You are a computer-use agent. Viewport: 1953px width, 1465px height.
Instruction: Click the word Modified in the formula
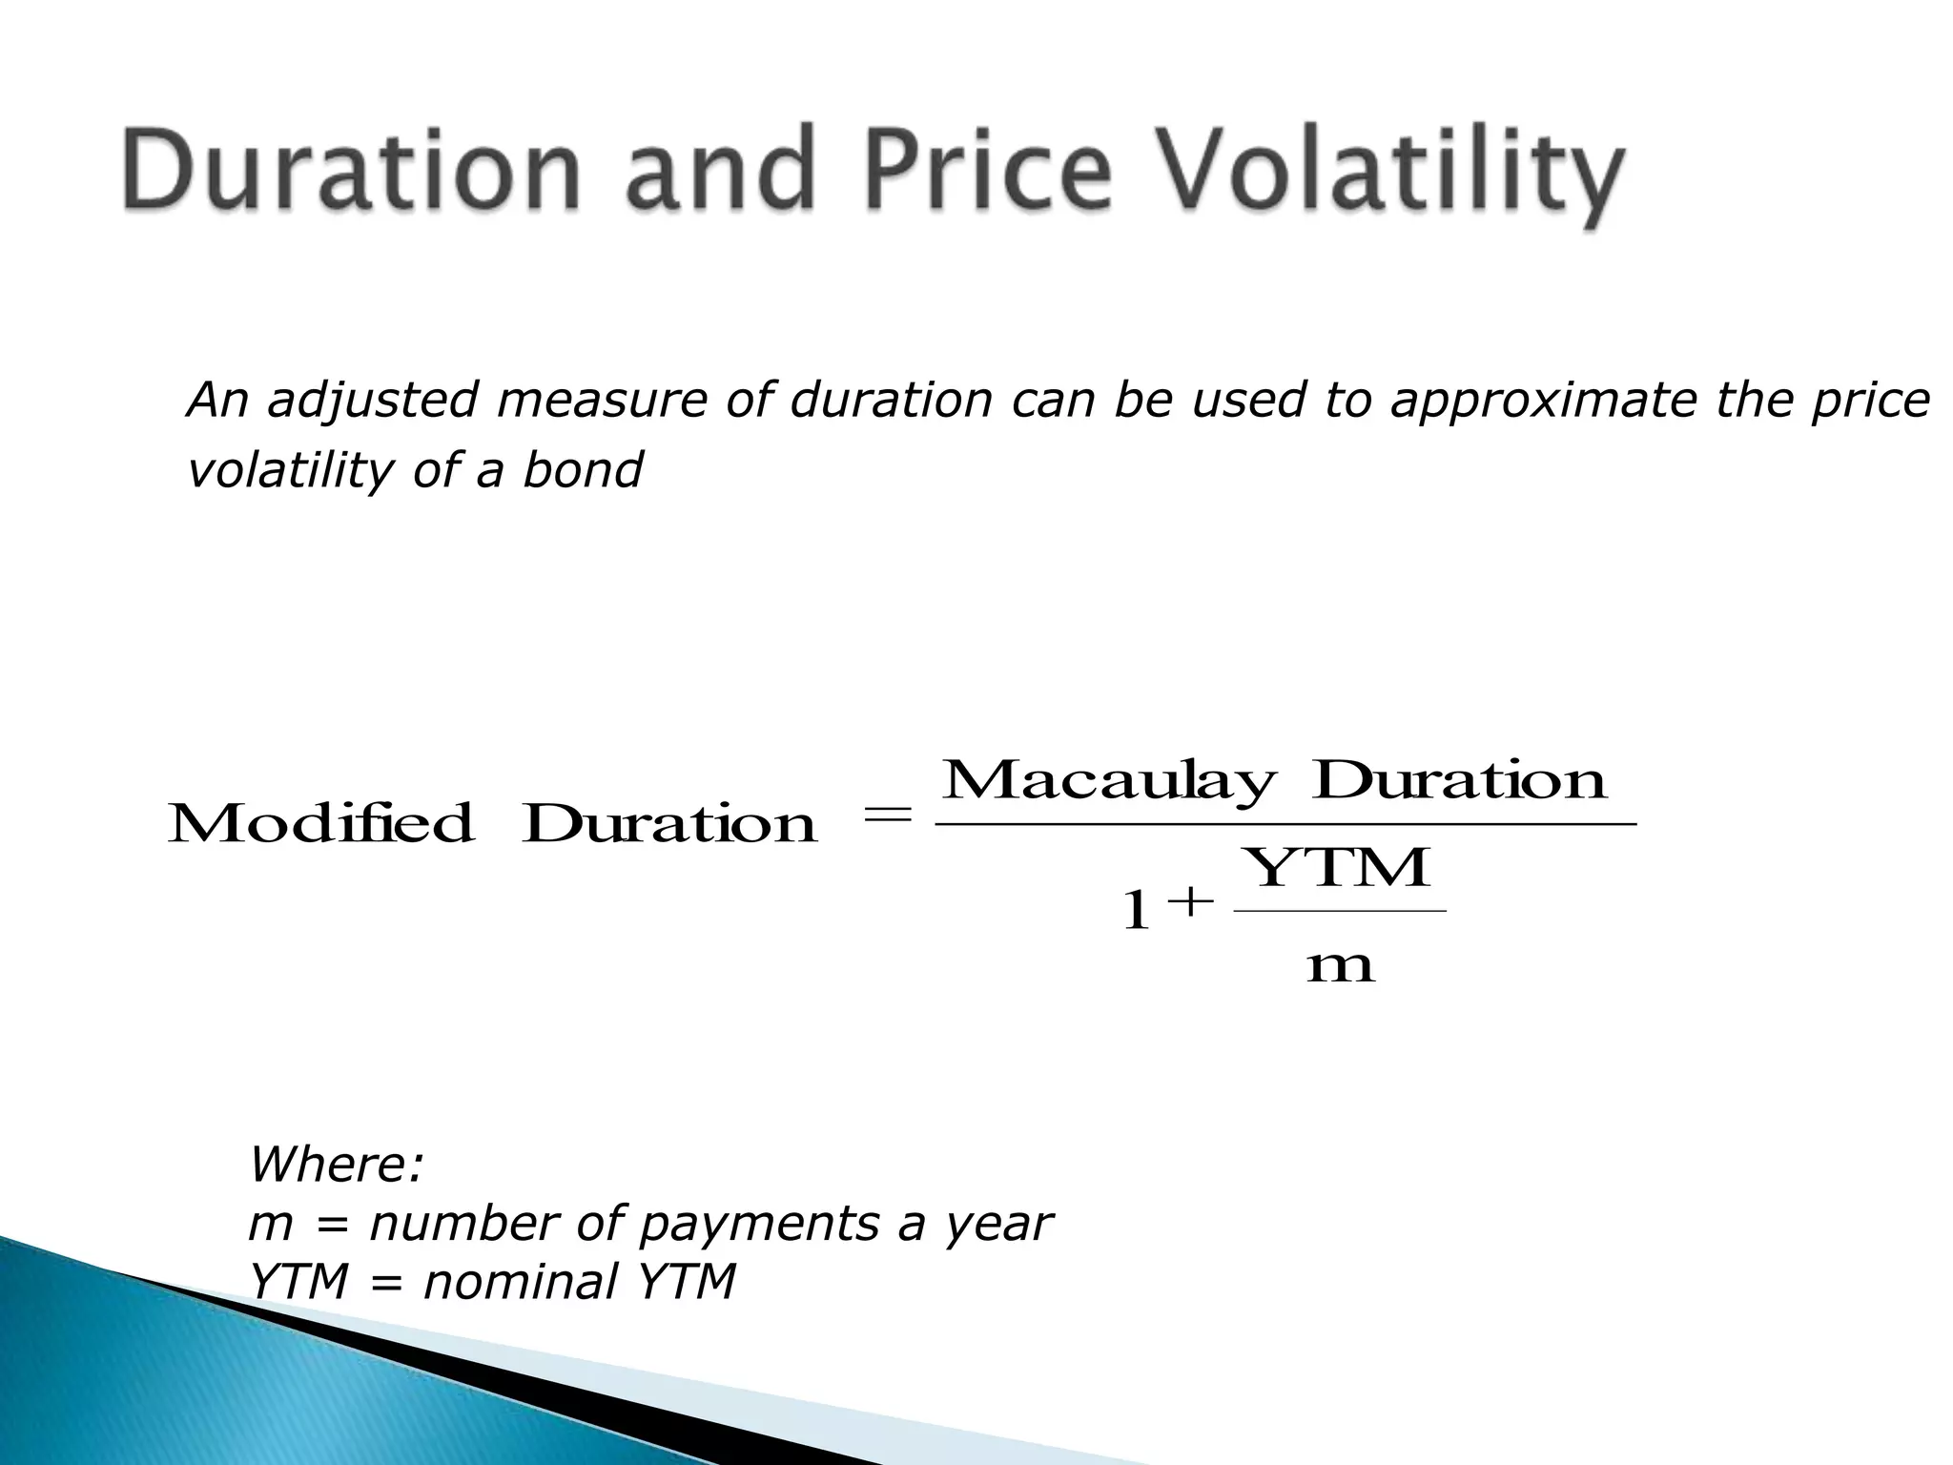coord(321,824)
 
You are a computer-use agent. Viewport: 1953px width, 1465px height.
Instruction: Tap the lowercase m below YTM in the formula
coord(1340,967)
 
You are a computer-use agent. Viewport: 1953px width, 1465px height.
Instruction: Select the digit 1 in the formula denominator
coord(1135,910)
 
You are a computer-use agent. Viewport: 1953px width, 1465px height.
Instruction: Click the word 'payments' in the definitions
coord(759,1225)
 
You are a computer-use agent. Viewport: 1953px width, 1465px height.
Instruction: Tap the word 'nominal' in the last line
coord(521,1282)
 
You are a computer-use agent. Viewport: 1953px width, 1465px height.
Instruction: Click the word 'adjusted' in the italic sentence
coord(373,401)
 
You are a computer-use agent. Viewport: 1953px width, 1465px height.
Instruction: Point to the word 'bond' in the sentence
coord(583,471)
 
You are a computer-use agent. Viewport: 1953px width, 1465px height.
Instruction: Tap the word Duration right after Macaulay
coord(1459,782)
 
